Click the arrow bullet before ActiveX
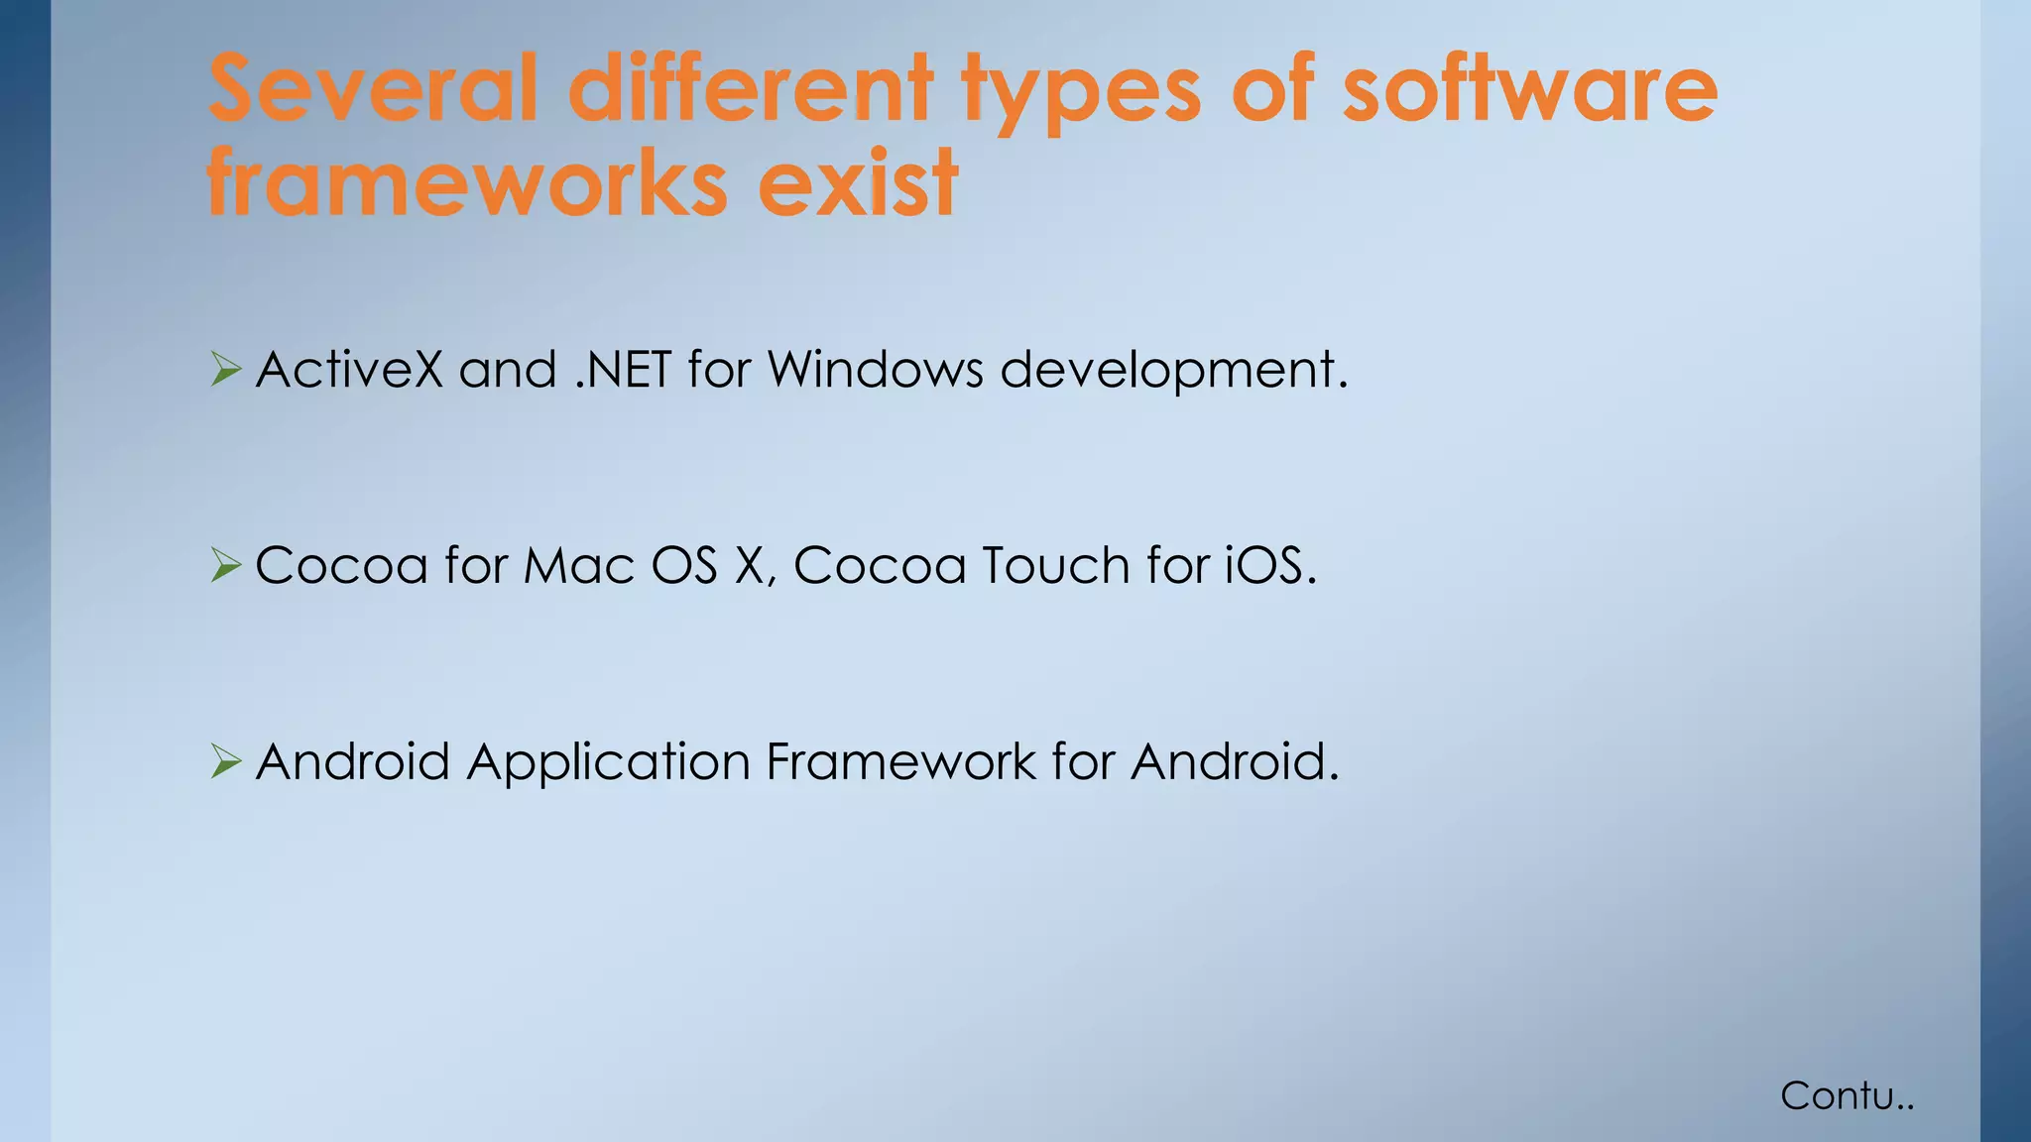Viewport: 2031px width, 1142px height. (x=225, y=371)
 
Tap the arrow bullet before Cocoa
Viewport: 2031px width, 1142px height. (x=225, y=566)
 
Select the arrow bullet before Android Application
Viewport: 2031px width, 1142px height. (x=225, y=762)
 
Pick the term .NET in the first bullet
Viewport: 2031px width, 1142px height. (x=623, y=370)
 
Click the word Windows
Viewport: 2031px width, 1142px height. (x=875, y=370)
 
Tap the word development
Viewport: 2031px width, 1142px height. (x=1173, y=372)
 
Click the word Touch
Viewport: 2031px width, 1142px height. (x=1055, y=566)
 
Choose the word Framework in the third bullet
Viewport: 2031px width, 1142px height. (x=899, y=762)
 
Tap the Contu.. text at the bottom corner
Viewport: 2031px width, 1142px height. (x=1846, y=1096)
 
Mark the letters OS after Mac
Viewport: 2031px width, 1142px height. (x=683, y=566)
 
